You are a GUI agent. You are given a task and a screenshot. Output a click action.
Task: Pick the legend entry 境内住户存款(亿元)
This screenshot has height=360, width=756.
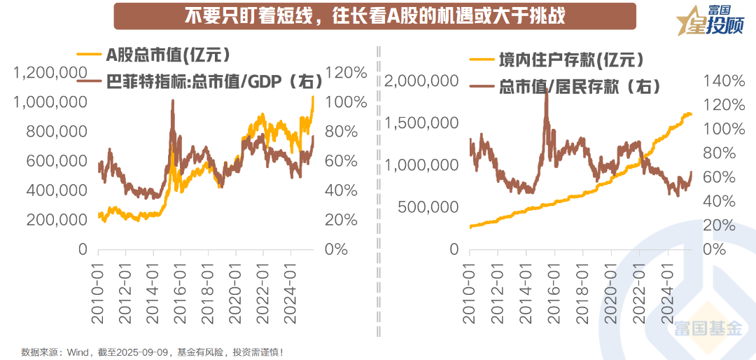(560, 60)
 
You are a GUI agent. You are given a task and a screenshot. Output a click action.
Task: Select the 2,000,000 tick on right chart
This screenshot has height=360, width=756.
(421, 81)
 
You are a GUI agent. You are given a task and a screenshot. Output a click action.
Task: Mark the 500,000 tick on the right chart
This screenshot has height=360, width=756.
(428, 207)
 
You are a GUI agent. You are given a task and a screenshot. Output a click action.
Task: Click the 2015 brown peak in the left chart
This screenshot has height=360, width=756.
(172, 102)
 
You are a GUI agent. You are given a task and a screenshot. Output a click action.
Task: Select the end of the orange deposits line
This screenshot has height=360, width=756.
(691, 113)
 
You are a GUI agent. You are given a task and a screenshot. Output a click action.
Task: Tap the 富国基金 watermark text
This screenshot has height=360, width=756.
(708, 328)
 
